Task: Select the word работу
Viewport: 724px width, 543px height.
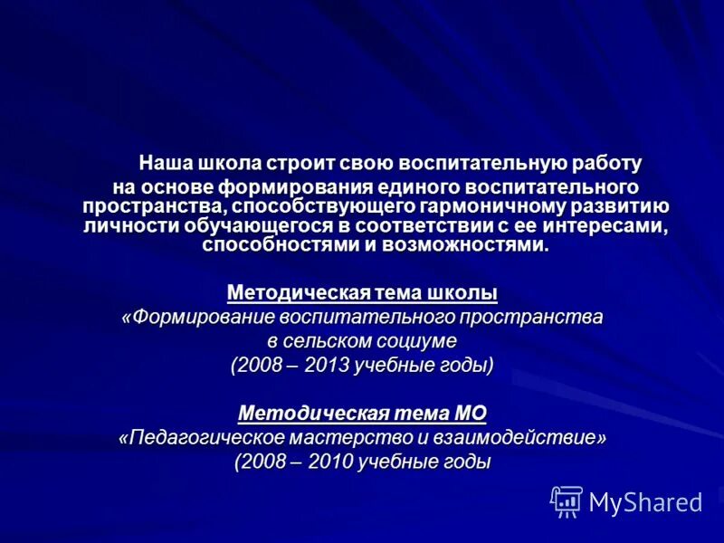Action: (x=607, y=164)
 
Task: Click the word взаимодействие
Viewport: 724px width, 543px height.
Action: (x=523, y=438)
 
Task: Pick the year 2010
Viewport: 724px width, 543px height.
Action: (x=329, y=462)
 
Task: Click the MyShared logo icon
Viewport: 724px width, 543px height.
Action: (x=567, y=500)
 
